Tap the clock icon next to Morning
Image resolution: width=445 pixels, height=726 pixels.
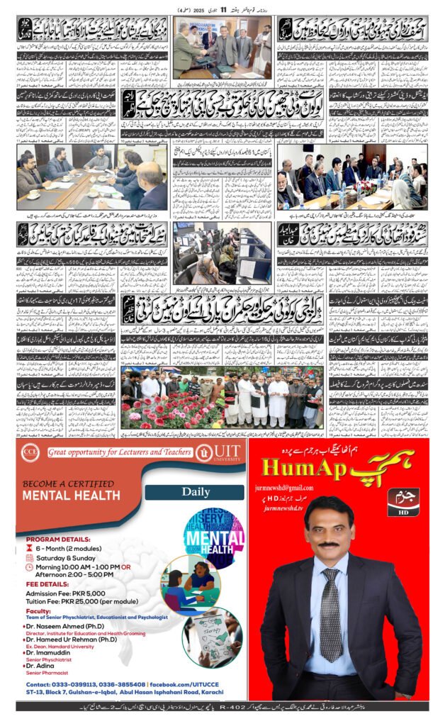pos(28,568)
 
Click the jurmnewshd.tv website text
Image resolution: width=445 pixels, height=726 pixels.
pos(287,508)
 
